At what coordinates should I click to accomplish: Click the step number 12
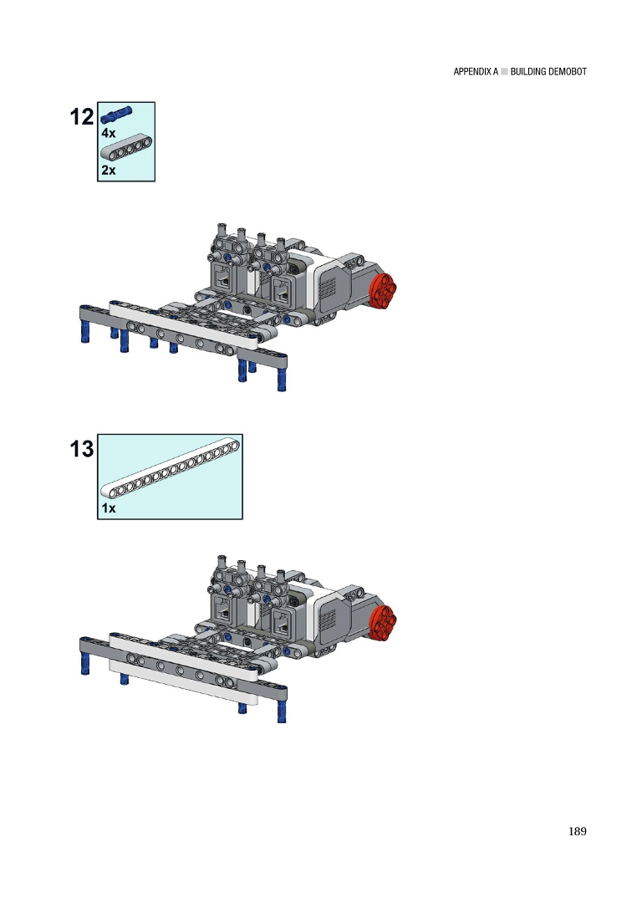click(81, 117)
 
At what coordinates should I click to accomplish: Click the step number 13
click(81, 449)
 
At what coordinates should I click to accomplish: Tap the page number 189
click(578, 831)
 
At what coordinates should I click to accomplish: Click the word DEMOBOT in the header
click(568, 72)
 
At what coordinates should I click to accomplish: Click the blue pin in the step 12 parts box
click(116, 114)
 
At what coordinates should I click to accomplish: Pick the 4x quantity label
click(108, 133)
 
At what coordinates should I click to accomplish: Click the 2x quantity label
click(108, 171)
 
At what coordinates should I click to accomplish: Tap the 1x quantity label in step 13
click(108, 508)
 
